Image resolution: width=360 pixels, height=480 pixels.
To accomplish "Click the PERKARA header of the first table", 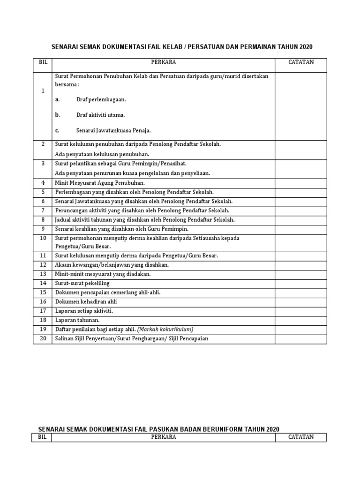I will [x=164, y=62].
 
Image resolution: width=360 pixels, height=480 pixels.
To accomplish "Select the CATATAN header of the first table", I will [x=301, y=62].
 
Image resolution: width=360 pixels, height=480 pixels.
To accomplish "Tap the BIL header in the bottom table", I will [x=42, y=437].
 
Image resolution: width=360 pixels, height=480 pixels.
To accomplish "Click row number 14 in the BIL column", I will [x=43, y=283].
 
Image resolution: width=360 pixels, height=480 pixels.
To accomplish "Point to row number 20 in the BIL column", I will [x=43, y=338].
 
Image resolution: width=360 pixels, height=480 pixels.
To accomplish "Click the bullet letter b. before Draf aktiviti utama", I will [x=57, y=114].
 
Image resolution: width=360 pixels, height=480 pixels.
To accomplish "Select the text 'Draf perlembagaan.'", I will [x=101, y=99].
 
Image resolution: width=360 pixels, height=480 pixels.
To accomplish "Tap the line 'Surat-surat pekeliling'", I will [x=82, y=283].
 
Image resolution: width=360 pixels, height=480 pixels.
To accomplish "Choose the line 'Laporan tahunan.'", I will [x=77, y=320].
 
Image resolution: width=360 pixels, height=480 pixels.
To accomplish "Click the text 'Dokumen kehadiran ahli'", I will [x=86, y=301].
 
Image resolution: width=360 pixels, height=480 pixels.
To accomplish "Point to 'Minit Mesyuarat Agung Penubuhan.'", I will [x=100, y=182].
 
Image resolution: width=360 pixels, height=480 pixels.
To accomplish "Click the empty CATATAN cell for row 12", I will [x=301, y=265].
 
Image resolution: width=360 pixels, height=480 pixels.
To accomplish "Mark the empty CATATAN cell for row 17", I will [x=301, y=311].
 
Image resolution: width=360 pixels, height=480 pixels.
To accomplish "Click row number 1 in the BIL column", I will [x=43, y=91].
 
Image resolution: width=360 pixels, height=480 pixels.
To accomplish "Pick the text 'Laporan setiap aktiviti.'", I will [x=84, y=311].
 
